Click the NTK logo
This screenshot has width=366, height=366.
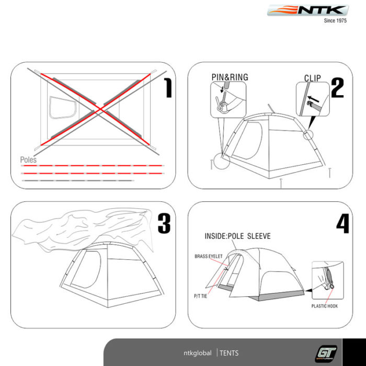coord(308,10)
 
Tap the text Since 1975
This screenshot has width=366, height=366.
coord(335,20)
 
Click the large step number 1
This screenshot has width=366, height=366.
coord(168,88)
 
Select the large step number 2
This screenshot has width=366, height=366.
coord(337,88)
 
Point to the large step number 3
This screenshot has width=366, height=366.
coord(164,224)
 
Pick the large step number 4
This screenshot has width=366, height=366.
coord(342,224)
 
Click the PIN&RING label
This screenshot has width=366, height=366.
coord(230,77)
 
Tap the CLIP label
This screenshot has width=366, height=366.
coord(312,78)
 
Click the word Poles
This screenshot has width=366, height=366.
coord(28,160)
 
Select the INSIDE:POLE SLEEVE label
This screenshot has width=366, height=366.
coord(237,236)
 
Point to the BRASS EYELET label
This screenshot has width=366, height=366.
coord(209,256)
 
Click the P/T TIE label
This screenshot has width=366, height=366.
coord(200,296)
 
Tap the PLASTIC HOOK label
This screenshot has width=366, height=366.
coord(325,306)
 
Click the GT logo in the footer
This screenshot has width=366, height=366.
coord(326,353)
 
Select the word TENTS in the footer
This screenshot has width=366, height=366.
coord(229,353)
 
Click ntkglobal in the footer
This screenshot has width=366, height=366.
coord(198,353)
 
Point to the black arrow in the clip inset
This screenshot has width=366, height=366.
coord(313,99)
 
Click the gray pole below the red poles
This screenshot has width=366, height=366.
coord(78,180)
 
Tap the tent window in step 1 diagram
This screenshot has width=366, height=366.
coord(63,108)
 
